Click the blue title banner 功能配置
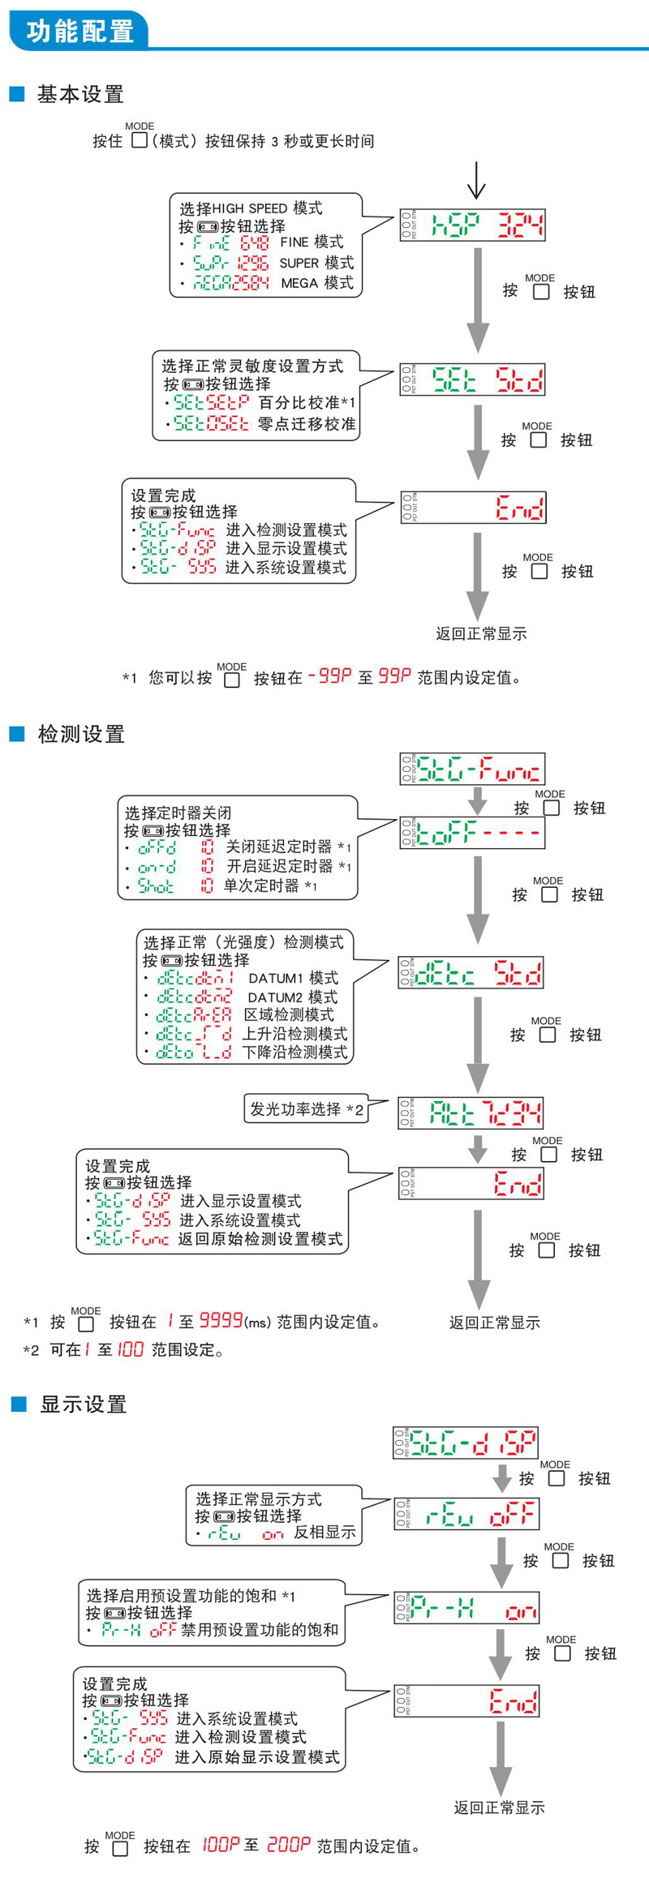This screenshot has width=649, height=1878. (80, 31)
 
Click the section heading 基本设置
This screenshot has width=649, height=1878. (80, 95)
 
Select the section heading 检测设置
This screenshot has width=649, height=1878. (80, 735)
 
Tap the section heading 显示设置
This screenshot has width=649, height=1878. (83, 1404)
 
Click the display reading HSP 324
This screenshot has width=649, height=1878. (472, 225)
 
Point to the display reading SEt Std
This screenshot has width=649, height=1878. (472, 379)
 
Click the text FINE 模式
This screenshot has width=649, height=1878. (312, 242)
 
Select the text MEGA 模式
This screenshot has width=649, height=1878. (316, 283)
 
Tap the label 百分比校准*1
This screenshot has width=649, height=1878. (307, 402)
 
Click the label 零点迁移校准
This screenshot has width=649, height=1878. (306, 423)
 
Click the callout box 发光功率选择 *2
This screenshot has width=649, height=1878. (306, 1108)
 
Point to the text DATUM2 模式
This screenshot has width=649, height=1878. (292, 997)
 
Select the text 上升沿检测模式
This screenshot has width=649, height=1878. (294, 1034)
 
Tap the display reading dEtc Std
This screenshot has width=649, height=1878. (471, 973)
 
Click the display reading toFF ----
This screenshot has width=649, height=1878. (471, 833)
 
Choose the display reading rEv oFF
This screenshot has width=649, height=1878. (466, 1513)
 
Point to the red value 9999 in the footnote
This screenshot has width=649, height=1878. (221, 1321)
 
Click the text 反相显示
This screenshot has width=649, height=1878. (324, 1532)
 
